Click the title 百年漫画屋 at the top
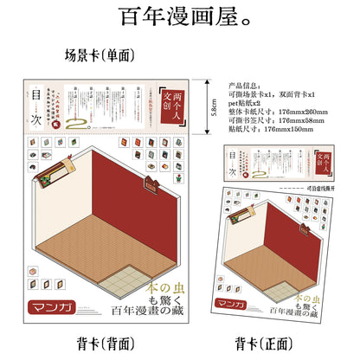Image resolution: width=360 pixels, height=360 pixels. [x=179, y=16]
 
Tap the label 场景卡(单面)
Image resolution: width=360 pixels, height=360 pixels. [x=100, y=55]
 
